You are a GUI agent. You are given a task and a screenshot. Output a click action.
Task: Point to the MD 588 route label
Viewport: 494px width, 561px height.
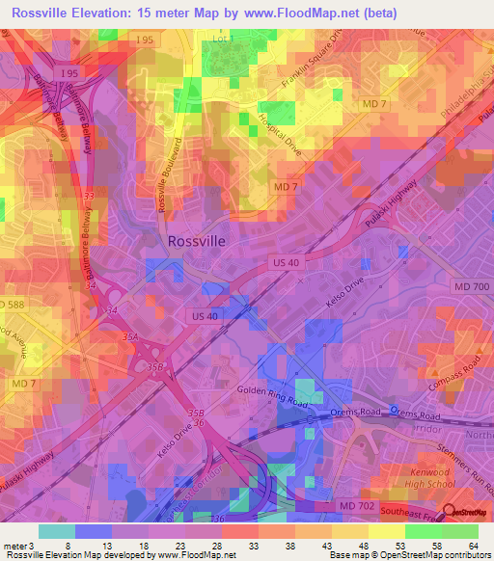[x=11, y=304]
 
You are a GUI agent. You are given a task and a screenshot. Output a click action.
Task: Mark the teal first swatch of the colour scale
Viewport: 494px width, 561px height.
[x=57, y=531]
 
